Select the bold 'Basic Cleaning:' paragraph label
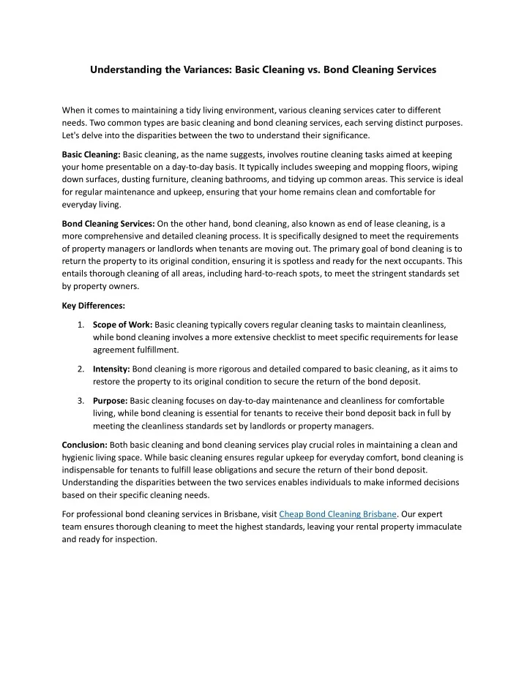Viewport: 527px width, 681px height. (x=91, y=155)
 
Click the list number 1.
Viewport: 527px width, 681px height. (x=80, y=324)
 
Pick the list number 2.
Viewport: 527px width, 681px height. (x=80, y=369)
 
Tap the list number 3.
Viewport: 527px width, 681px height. (x=80, y=400)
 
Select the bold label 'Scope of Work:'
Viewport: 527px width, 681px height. (x=123, y=324)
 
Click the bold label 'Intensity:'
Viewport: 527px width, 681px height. (x=112, y=369)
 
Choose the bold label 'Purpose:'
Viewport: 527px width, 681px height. (x=111, y=400)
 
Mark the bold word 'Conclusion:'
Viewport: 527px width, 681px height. (x=84, y=444)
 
